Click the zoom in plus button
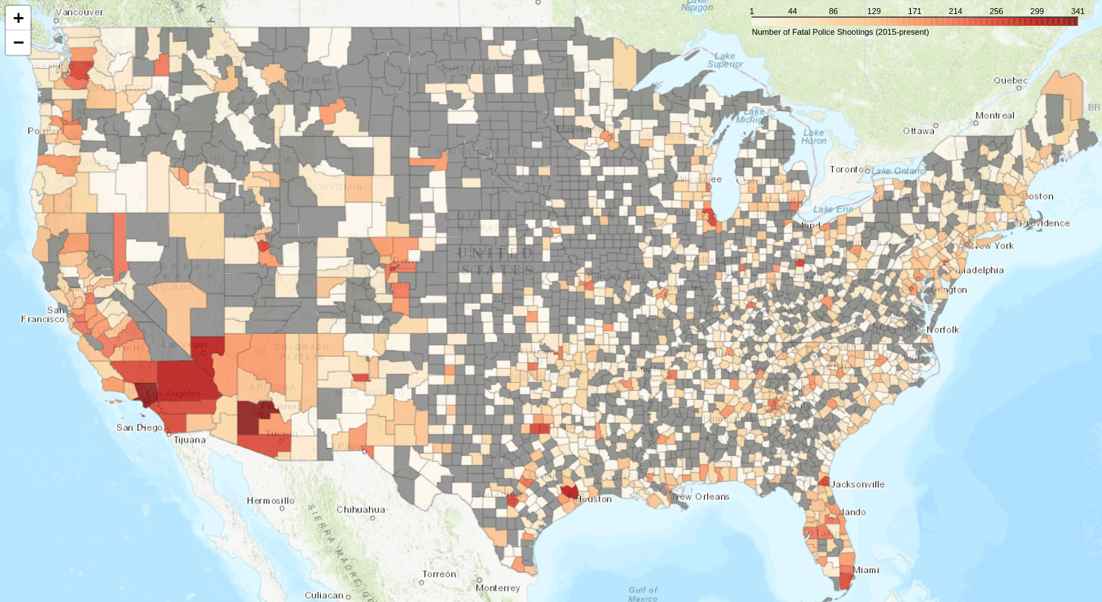click(19, 18)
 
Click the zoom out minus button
click(19, 43)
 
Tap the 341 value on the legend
click(1077, 11)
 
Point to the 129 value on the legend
click(874, 11)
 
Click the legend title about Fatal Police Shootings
click(840, 32)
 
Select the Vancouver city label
click(79, 12)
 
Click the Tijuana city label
click(190, 440)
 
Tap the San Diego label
click(139, 428)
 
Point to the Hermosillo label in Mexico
click(270, 501)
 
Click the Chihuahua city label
click(361, 509)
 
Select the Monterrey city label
click(498, 588)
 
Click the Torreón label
click(439, 574)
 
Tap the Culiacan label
click(324, 595)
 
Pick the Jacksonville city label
click(857, 484)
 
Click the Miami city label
click(866, 570)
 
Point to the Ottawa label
click(918, 131)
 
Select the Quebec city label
click(1011, 81)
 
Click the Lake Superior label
click(725, 60)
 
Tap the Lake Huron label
click(814, 136)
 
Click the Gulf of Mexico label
click(643, 594)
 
